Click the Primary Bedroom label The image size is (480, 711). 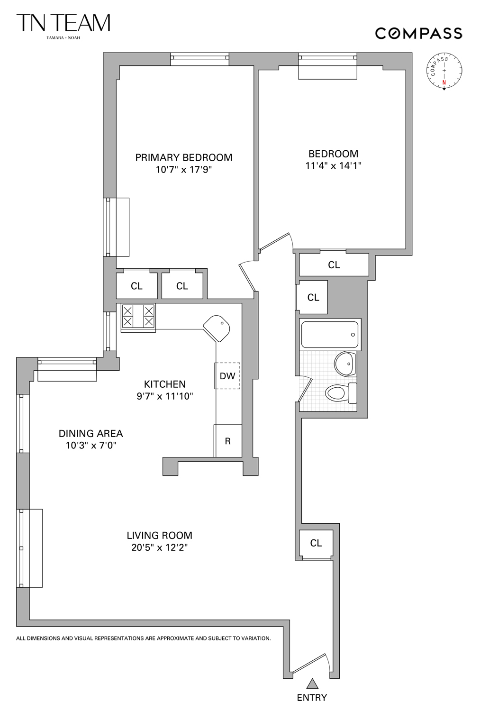pos(183,157)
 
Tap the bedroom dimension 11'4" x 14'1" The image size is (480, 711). pos(334,166)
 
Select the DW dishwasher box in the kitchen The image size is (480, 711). pos(227,376)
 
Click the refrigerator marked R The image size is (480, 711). pos(228,441)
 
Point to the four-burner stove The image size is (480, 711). pos(138,317)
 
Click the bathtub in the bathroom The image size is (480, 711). pos(330,335)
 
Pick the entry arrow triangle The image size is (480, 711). pos(312,684)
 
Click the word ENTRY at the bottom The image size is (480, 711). pos(312,698)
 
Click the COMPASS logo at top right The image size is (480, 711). pos(418,33)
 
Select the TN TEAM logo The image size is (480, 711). pos(63,24)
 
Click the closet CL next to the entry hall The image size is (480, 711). pos(316,543)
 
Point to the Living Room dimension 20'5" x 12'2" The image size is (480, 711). pos(160,548)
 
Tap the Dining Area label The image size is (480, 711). pos(91,433)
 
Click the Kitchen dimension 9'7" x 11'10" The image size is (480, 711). pos(165,396)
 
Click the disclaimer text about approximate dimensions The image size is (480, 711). pos(144,638)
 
